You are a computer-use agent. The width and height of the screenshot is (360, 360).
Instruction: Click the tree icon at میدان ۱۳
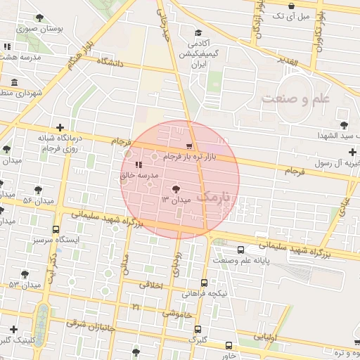175,188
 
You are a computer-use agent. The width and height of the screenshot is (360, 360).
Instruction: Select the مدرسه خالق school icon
138,165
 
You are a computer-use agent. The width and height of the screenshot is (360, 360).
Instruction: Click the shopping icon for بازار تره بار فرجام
188,146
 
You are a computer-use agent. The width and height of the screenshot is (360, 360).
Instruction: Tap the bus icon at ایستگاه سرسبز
56,229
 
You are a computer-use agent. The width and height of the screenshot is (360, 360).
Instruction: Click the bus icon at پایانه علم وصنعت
241,250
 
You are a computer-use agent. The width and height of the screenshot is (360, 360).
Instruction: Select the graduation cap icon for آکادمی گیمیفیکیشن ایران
198,33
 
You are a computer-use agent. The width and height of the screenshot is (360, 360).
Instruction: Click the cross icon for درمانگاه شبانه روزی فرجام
60,128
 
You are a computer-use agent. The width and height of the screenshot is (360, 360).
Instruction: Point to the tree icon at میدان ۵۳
25,274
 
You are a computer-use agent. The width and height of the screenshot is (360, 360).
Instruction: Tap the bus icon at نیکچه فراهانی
205,283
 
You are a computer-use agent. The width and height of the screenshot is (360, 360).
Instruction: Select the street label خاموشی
177,314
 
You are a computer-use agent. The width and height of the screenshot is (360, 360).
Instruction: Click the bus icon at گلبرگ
198,329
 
